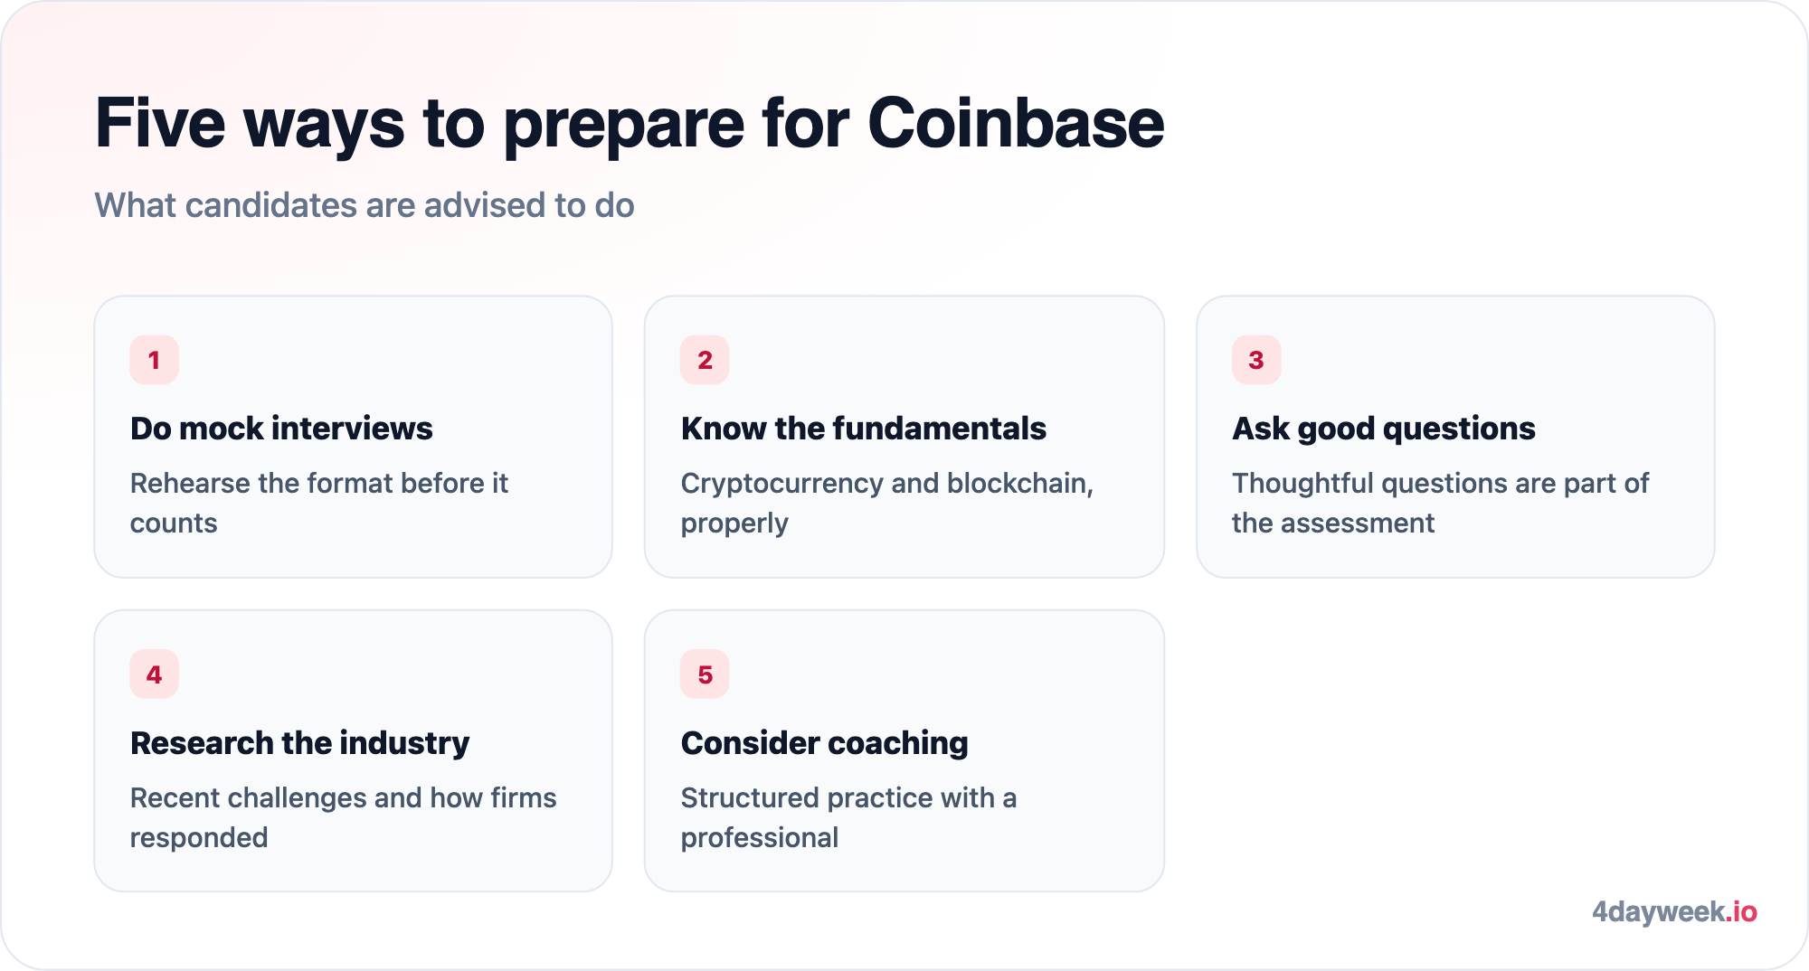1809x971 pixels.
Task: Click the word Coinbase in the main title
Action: (x=1016, y=123)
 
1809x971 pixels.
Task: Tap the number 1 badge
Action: (x=154, y=360)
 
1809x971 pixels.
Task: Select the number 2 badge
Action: (x=705, y=360)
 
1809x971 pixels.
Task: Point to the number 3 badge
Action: (x=1256, y=360)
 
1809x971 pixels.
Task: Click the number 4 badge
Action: (x=154, y=674)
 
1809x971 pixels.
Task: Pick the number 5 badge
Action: (x=705, y=674)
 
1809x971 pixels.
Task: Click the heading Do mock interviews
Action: (x=281, y=429)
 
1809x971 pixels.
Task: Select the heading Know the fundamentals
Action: (x=864, y=429)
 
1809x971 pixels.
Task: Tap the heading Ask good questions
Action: (x=1384, y=429)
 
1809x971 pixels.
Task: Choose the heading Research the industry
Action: (x=299, y=743)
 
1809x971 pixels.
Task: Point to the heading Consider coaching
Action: (x=825, y=744)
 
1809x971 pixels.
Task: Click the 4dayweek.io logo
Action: (x=1674, y=911)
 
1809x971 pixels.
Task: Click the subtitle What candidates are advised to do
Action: (x=365, y=206)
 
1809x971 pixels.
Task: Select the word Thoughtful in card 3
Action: (x=1302, y=484)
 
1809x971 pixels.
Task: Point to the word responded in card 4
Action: (x=199, y=839)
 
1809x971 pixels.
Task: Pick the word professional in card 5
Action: (x=760, y=839)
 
